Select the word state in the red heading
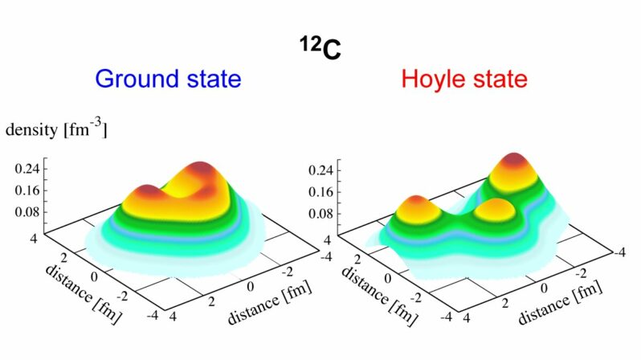[500, 80]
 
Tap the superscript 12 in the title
[304, 41]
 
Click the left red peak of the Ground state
[150, 192]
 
